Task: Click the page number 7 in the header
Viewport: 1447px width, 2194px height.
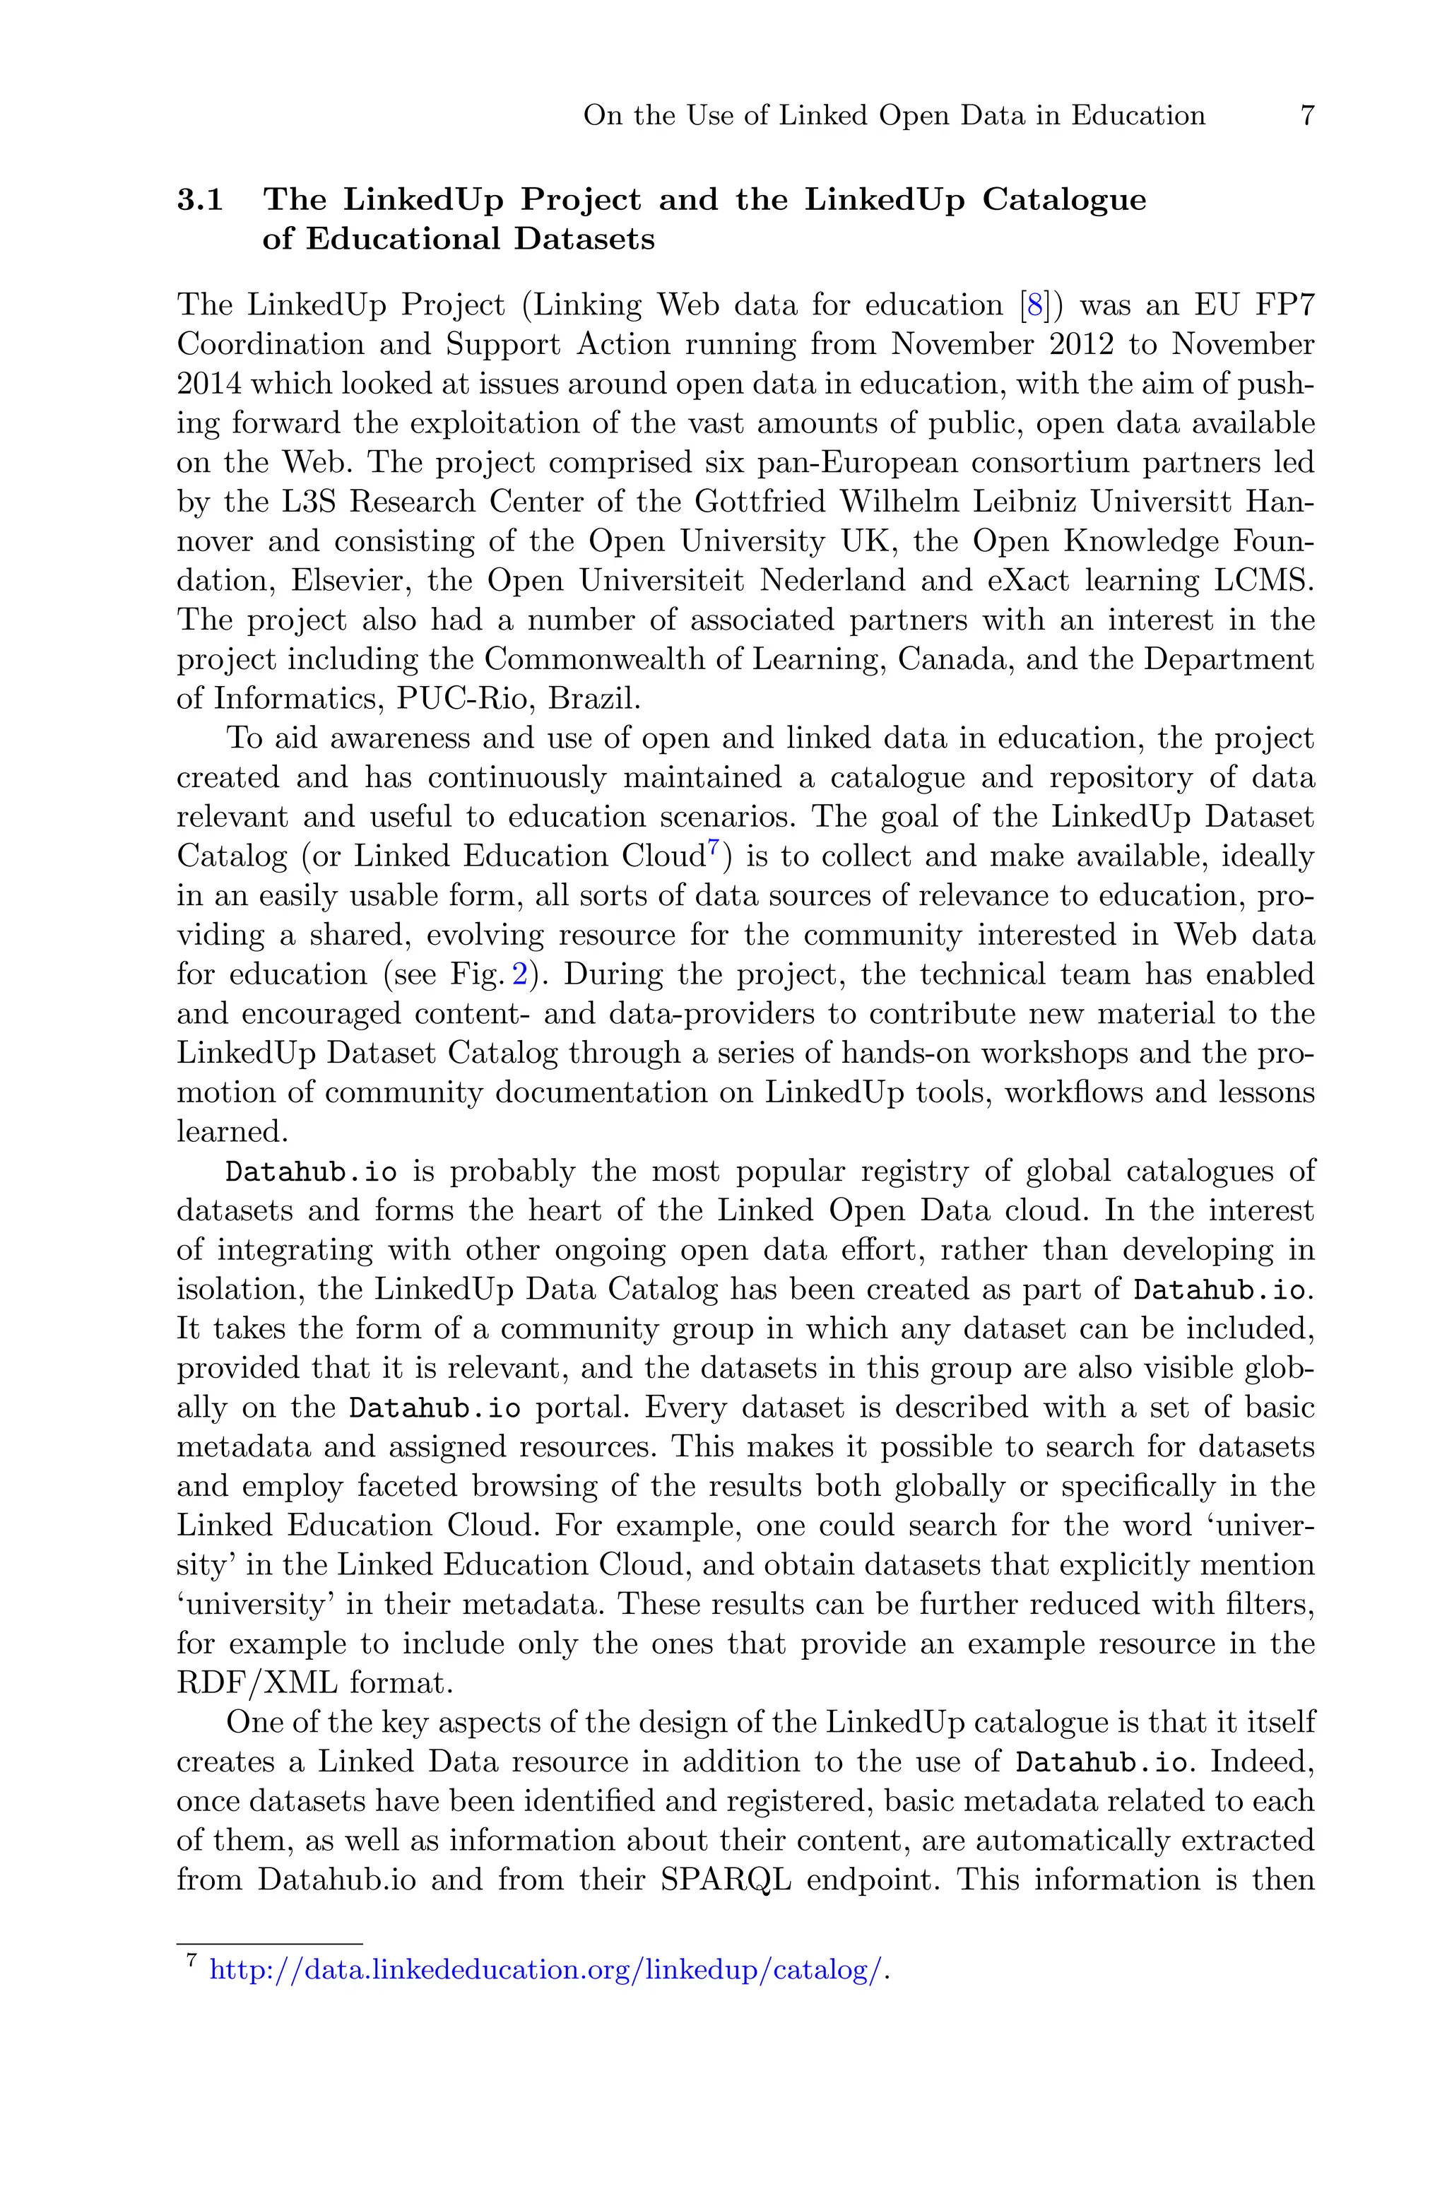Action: coord(1306,117)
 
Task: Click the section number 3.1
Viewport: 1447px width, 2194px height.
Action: coord(200,200)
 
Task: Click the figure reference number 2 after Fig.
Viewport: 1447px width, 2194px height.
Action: coord(519,975)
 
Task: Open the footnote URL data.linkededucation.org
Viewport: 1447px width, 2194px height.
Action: coord(545,1970)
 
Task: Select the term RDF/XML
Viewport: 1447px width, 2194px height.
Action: coord(256,1683)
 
